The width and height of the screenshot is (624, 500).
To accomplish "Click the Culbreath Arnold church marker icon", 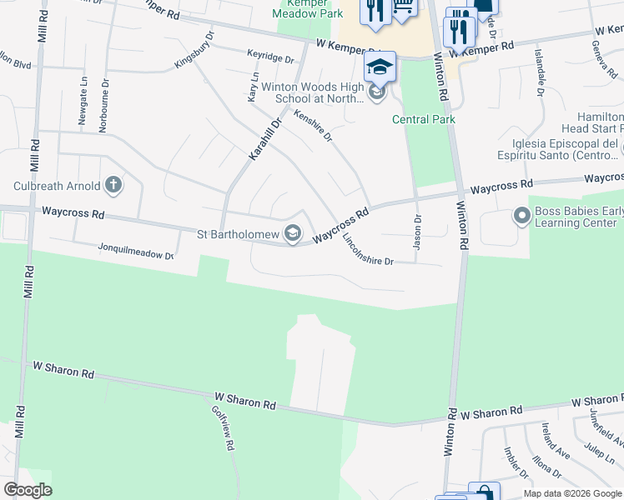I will (113, 186).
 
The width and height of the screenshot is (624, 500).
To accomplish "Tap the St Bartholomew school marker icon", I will (293, 234).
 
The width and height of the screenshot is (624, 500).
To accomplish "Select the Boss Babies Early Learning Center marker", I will (522, 217).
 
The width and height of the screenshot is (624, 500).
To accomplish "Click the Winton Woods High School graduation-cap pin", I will (380, 67).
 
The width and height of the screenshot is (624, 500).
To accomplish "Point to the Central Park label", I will (424, 119).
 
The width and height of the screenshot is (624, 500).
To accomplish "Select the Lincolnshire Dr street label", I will (367, 249).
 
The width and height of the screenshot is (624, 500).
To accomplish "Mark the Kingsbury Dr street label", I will (194, 51).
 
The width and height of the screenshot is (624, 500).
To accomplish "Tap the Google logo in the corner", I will (28, 490).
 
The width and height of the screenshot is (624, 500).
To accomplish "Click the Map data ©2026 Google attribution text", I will (572, 493).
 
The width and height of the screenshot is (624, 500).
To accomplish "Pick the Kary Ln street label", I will (252, 87).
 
